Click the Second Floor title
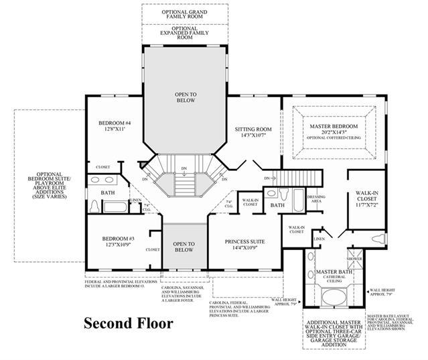coord(128,322)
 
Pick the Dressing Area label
coord(315,198)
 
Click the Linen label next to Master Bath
coord(319,238)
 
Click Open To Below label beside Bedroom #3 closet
coord(184,247)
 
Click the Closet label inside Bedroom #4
coord(102,167)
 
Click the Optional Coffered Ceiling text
coord(334,137)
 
